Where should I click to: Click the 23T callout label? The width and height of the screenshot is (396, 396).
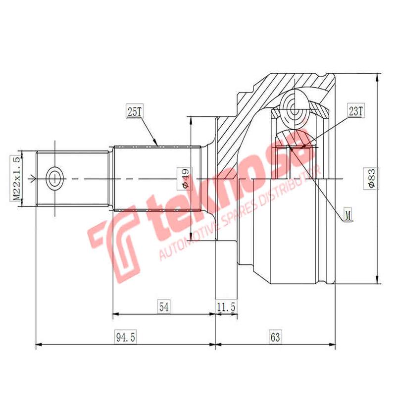[355, 111]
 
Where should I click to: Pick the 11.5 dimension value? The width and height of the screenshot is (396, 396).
[226, 307]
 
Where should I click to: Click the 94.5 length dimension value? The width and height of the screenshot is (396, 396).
[126, 338]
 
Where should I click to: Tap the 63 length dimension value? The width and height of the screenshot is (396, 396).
[275, 338]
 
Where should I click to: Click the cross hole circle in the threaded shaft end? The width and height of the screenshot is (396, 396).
[54, 177]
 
